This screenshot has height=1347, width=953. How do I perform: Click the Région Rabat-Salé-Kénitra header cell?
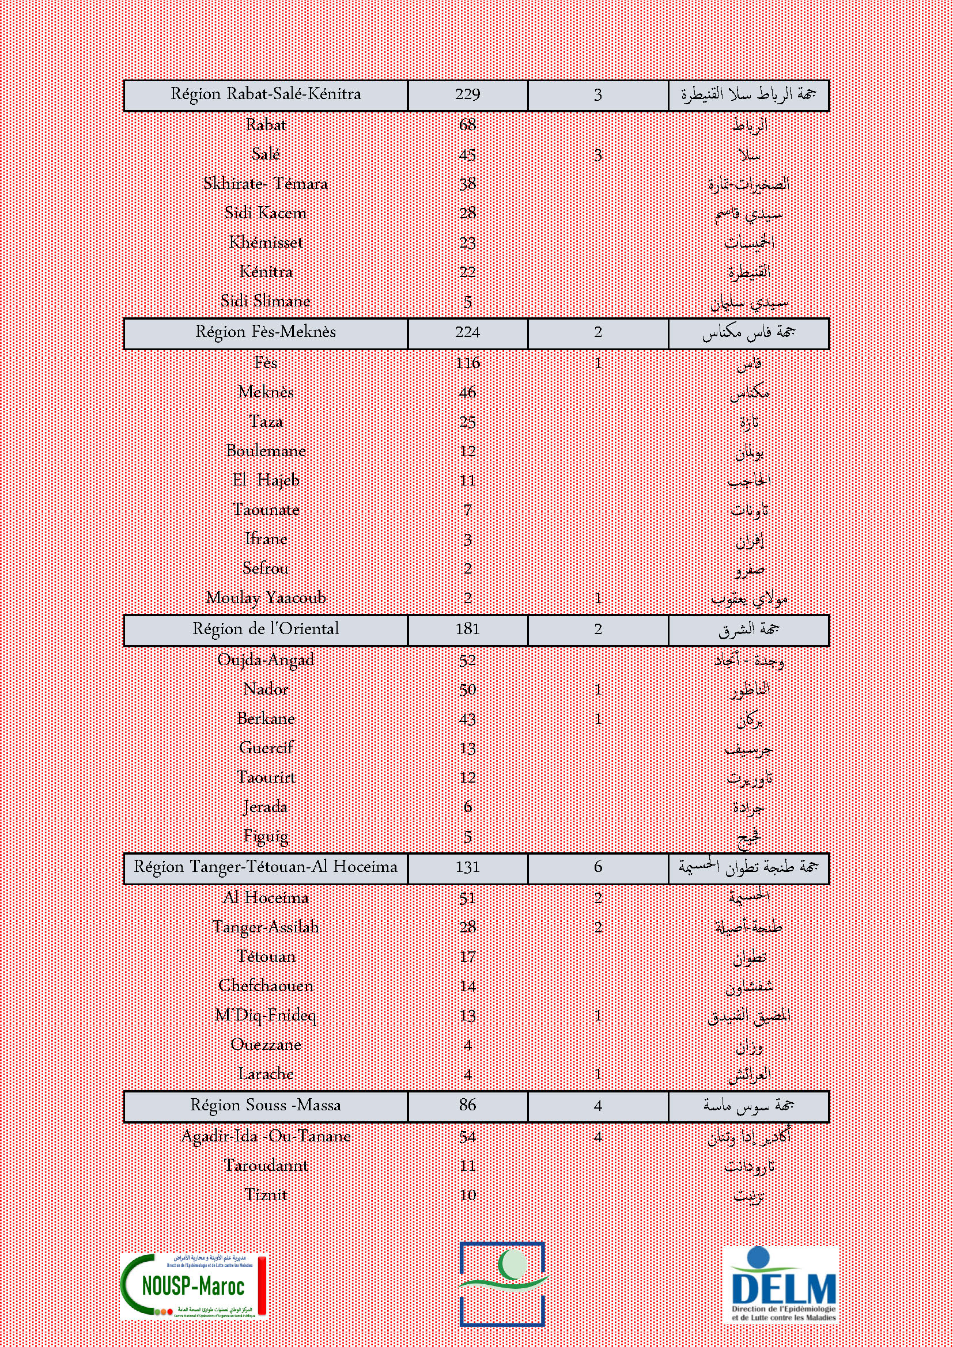tap(266, 94)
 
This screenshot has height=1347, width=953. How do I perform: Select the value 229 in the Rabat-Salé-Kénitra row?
tap(468, 94)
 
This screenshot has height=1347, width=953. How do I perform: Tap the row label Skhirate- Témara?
tap(266, 184)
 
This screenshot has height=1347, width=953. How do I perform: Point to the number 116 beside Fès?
tap(468, 363)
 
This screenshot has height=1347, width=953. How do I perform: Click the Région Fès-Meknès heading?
tap(266, 332)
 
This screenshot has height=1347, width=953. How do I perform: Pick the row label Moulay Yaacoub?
tap(266, 598)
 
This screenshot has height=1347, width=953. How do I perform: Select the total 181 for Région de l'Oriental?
tap(468, 629)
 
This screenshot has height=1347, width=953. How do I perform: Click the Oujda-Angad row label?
tap(266, 659)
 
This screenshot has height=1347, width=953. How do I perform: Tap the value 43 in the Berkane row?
tap(468, 719)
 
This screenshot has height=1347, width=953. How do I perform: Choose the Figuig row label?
tap(266, 836)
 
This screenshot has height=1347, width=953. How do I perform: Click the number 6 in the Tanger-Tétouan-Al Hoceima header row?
tap(597, 867)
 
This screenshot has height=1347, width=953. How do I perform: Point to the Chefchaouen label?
tap(266, 985)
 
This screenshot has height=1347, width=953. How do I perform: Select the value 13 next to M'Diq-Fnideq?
tap(468, 1015)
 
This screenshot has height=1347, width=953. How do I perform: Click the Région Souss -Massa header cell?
tap(266, 1105)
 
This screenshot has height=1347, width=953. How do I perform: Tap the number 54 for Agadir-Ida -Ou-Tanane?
tap(468, 1136)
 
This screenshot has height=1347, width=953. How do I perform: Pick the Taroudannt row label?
tap(266, 1165)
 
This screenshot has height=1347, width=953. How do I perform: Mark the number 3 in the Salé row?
tap(597, 155)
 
